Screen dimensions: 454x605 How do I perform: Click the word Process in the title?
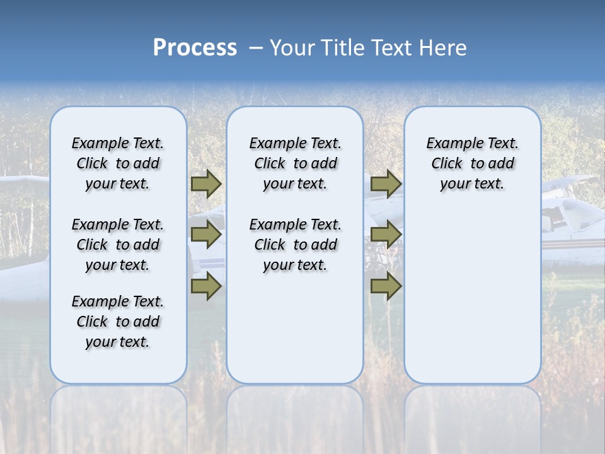click(195, 48)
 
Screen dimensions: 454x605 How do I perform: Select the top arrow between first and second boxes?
click(206, 184)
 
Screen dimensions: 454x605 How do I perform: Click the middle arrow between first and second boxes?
click(206, 235)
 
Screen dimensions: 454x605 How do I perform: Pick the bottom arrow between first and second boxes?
click(206, 286)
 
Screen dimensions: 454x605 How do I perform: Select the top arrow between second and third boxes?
click(386, 184)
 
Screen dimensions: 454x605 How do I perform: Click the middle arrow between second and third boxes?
click(386, 235)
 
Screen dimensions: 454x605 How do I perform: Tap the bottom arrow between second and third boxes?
click(386, 286)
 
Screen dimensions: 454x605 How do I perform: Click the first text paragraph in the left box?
click(118, 163)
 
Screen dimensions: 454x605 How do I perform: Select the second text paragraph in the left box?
click(118, 245)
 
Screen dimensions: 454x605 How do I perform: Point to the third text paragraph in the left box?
click(118, 322)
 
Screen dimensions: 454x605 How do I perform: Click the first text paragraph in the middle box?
click(295, 163)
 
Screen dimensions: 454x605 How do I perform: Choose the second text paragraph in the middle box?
click(295, 245)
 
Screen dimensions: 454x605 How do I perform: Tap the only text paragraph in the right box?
click(472, 163)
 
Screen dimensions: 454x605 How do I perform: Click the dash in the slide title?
click(256, 48)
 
